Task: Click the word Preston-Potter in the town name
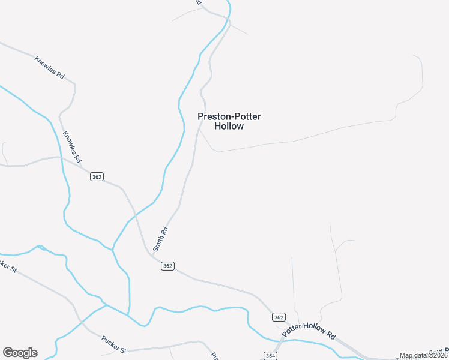229,116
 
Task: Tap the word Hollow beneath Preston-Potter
229,127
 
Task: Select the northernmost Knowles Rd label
49,68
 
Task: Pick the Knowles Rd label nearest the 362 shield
72,147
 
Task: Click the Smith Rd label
160,238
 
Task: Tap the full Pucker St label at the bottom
114,346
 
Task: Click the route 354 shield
270,356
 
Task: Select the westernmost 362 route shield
97,176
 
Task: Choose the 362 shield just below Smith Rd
168,266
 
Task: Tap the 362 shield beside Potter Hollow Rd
278,317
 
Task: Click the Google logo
20,353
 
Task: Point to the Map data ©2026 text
423,355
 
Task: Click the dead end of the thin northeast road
414,56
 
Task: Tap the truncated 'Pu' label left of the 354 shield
214,355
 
